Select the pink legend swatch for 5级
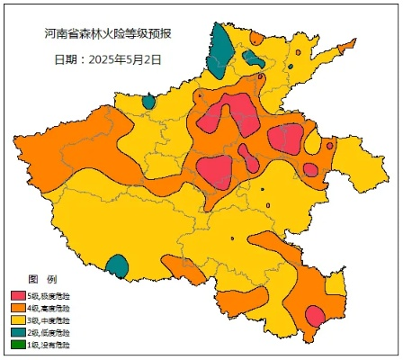click(18, 296)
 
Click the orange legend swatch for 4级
click(18, 308)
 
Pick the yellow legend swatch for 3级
click(18, 319)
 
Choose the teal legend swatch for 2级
click(18, 332)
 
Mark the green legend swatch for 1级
click(18, 344)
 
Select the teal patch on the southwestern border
click(117, 266)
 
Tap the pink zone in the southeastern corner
click(315, 317)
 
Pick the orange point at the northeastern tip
click(330, 145)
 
